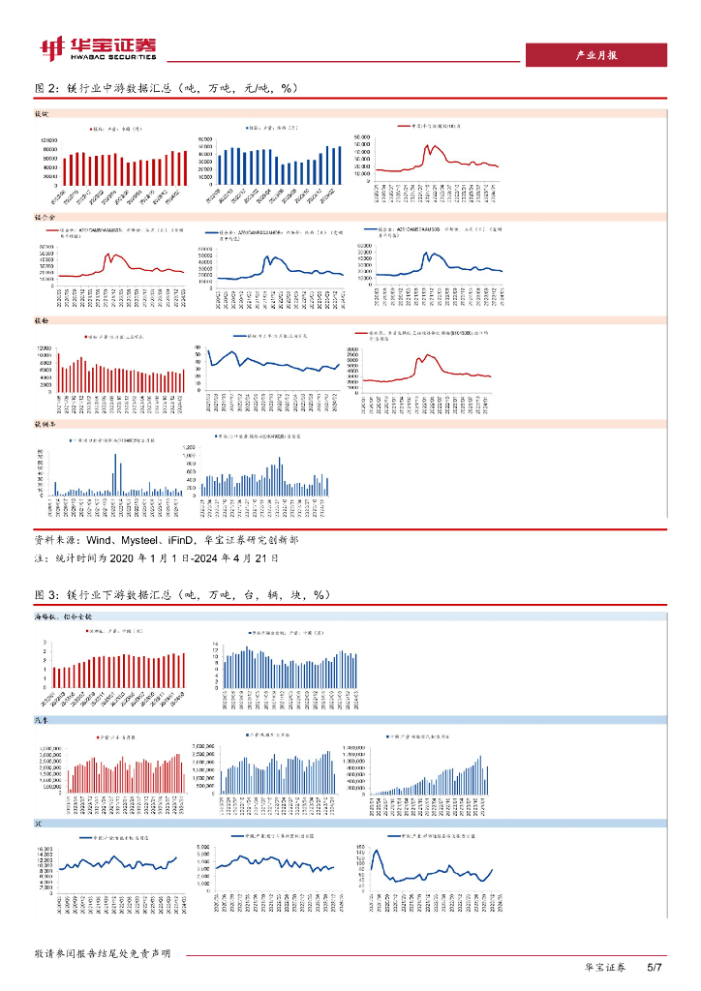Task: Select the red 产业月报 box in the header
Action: coord(595,55)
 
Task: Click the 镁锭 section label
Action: coord(43,114)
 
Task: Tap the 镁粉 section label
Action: coord(43,317)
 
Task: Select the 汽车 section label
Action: coord(43,720)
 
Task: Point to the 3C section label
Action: coord(40,823)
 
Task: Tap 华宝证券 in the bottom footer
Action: coord(605,968)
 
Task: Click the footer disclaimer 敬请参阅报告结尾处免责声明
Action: coord(103,953)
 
